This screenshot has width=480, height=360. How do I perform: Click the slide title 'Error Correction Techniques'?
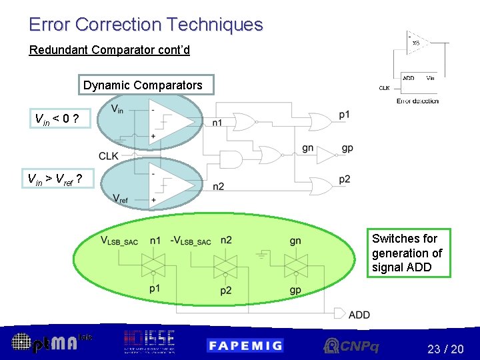tap(146, 25)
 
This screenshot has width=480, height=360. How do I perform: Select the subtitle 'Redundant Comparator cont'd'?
tap(109, 50)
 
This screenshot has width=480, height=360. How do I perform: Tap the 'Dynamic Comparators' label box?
tap(143, 85)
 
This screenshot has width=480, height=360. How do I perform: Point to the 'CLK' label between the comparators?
tap(109, 156)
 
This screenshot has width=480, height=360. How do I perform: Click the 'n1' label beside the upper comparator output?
tap(217, 123)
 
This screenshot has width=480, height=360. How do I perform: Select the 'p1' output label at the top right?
tap(344, 115)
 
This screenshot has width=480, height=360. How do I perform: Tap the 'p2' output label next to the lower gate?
tap(344, 179)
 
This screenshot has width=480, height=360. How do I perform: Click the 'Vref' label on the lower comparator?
tap(121, 198)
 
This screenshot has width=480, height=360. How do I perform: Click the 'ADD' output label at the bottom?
tap(359, 314)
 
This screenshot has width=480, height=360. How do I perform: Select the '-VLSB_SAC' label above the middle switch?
tap(191, 240)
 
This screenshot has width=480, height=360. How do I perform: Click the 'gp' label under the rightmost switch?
tap(295, 289)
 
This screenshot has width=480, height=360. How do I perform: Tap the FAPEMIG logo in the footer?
tap(245, 345)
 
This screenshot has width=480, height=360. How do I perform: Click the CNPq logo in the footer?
tap(351, 345)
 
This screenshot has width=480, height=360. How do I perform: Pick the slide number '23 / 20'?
tap(445, 349)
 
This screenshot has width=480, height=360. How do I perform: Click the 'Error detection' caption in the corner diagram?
tap(417, 101)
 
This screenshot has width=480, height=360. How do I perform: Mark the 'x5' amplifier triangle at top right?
tap(416, 43)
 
